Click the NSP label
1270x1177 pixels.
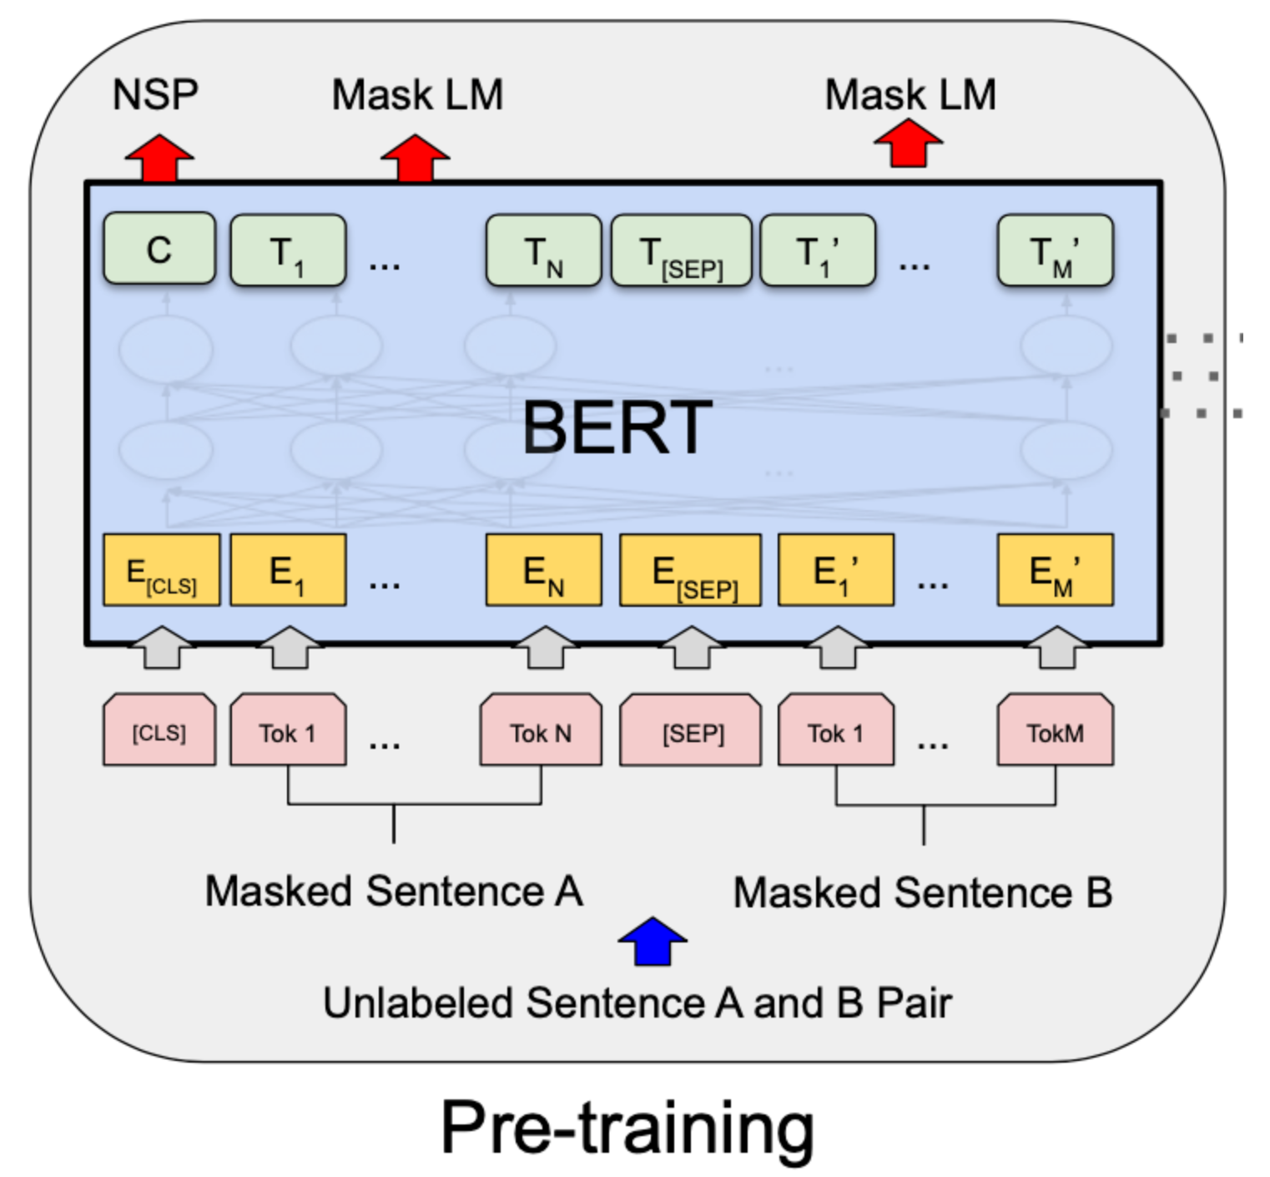[155, 94]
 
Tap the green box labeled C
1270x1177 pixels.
[159, 250]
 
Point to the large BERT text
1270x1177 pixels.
[617, 427]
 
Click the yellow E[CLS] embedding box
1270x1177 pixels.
[161, 570]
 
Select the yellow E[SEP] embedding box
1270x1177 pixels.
[690, 571]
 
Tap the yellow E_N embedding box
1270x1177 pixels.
[543, 570]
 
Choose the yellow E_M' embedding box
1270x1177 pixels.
[1055, 570]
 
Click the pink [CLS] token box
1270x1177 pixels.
[159, 730]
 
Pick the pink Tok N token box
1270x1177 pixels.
[540, 730]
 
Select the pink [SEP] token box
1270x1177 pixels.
[690, 730]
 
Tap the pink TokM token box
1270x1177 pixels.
[1055, 730]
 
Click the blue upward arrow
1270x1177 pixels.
[653, 942]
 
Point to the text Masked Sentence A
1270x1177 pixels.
[394, 891]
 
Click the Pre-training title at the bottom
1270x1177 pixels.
[627, 1127]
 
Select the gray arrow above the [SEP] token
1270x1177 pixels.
[691, 648]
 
